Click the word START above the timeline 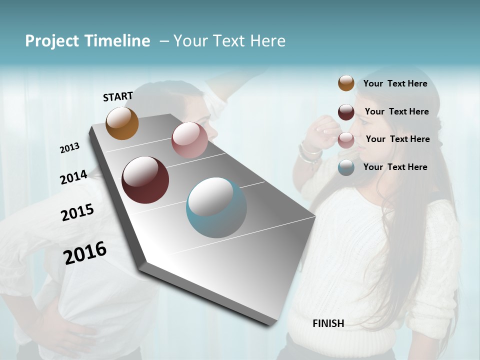pos(118,96)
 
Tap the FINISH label pos(328,323)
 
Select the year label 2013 pos(69,148)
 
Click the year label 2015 pos(77,212)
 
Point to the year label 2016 pos(85,252)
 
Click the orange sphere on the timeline pos(122,123)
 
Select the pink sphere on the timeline pos(189,140)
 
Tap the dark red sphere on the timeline pos(145,180)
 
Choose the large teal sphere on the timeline pos(216,207)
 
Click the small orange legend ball pos(346,83)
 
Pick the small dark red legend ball pos(346,112)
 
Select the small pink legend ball pos(346,140)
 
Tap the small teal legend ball pos(346,167)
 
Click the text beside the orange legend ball pos(395,84)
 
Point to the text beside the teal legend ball pos(395,167)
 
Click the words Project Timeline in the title pos(87,41)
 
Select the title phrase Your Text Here pos(229,41)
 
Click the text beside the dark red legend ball pos(396,111)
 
